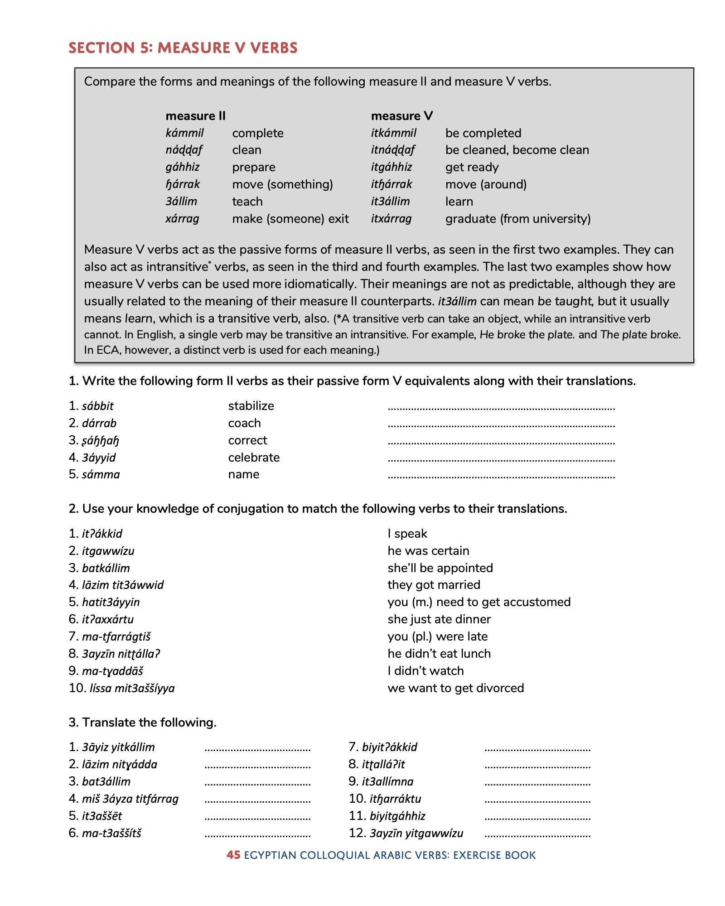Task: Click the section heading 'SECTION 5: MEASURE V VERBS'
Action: [x=183, y=48]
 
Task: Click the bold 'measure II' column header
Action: [x=195, y=116]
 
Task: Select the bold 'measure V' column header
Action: [x=401, y=116]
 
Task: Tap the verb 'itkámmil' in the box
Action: [x=393, y=133]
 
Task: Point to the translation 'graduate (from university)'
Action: [x=517, y=219]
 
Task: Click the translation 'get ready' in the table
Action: [x=472, y=167]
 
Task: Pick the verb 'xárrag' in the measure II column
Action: [x=182, y=219]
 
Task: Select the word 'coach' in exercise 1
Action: [x=244, y=423]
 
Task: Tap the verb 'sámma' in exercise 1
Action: [x=101, y=474]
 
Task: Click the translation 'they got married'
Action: [x=434, y=585]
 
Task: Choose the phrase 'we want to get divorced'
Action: [x=455, y=688]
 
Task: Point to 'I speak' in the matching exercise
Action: [x=407, y=534]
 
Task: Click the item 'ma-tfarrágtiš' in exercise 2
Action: [x=116, y=636]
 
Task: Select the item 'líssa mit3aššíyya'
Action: [x=132, y=688]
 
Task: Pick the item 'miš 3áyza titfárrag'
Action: [x=130, y=799]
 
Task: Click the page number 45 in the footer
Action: [x=233, y=855]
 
